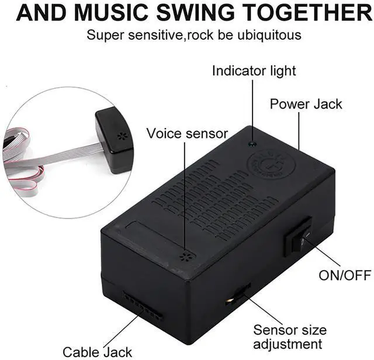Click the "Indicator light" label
tap(254, 71)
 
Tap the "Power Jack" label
tap(306, 105)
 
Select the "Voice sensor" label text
tap(187, 133)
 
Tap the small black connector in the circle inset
tap(116, 140)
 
